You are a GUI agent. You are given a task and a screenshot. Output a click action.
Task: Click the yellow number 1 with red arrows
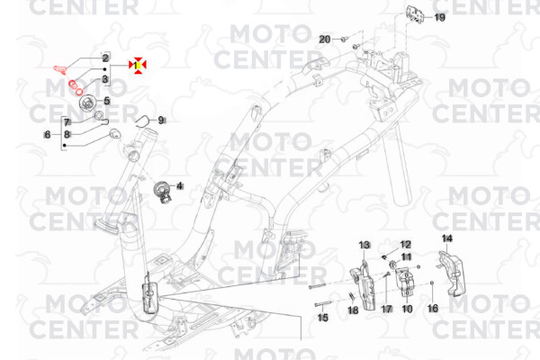coord(138,65)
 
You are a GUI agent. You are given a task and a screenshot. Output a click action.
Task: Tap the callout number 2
coord(105,58)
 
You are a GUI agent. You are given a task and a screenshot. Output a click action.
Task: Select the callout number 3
coord(105,79)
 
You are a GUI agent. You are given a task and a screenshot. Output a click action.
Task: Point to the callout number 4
coord(179,186)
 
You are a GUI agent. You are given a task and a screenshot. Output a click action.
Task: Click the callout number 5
coord(107,101)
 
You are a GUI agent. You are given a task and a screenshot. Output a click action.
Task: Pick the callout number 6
coord(48,134)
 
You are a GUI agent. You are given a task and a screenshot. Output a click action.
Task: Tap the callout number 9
coord(161,121)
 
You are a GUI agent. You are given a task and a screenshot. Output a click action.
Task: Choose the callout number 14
coord(447,238)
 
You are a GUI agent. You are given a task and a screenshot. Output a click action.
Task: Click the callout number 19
coord(439,17)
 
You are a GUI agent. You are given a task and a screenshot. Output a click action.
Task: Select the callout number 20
coord(325,40)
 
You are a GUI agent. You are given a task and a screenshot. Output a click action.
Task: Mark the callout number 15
coord(323,318)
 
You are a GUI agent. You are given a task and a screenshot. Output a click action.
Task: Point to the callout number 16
coord(433,308)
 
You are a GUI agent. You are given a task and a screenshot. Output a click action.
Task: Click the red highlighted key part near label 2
coord(61,69)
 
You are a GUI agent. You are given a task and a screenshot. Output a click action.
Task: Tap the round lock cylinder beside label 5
coord(87,103)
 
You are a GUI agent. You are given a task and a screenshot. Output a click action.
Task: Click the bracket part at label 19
coord(415,14)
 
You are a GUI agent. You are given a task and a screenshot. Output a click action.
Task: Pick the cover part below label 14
coord(451,274)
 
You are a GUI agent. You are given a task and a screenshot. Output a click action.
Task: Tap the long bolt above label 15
coord(323,304)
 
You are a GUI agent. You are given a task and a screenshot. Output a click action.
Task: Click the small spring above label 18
coord(352,296)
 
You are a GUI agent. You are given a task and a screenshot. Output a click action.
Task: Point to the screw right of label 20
coord(344,40)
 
